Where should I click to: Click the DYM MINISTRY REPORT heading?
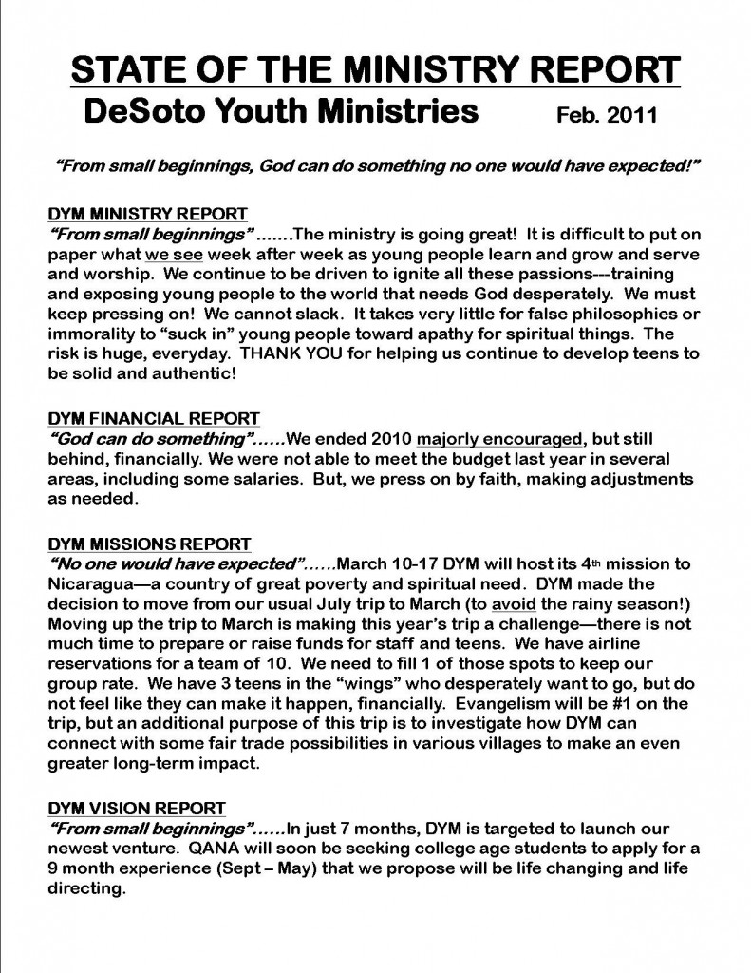pyautogui.click(x=147, y=214)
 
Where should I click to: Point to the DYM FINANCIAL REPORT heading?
pyautogui.click(x=153, y=418)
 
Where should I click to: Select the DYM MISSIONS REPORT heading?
pyautogui.click(x=149, y=544)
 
